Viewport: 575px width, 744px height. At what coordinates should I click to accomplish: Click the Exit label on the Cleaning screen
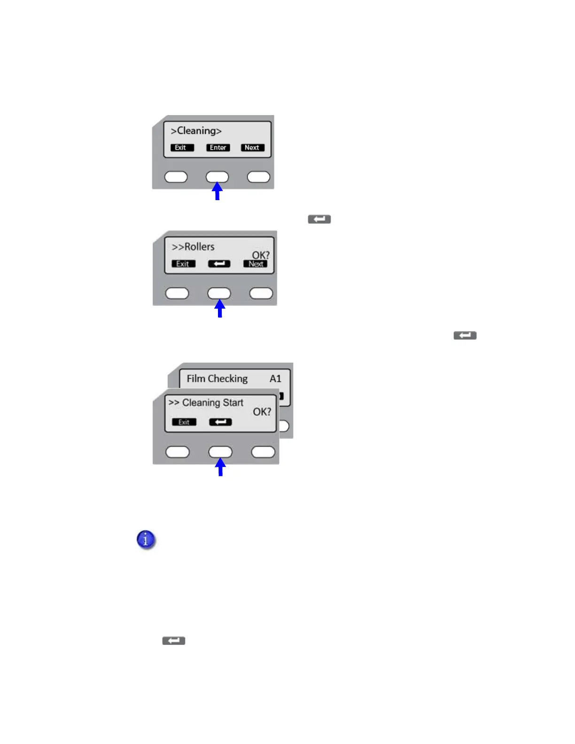[x=182, y=147]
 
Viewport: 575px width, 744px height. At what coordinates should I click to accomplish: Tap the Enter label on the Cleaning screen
[x=218, y=147]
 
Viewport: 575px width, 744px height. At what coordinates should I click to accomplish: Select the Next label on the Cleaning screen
[x=252, y=147]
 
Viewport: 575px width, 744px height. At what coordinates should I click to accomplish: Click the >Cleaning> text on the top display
[x=196, y=131]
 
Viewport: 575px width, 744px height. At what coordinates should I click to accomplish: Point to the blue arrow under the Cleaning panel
[x=217, y=191]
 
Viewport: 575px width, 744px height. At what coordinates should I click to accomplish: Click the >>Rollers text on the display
[x=193, y=247]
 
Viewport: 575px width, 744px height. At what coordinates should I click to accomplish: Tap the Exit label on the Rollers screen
[x=183, y=264]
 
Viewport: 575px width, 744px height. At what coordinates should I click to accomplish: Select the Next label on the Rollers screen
[x=256, y=264]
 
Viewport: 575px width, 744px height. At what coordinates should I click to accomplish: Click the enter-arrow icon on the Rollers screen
[x=219, y=264]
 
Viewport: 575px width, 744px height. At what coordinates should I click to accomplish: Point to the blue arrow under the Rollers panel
[x=219, y=309]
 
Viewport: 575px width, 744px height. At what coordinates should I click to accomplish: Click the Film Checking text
[x=217, y=379]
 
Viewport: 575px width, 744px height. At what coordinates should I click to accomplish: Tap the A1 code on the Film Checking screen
[x=275, y=379]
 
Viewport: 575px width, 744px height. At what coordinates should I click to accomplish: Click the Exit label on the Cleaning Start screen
[x=184, y=422]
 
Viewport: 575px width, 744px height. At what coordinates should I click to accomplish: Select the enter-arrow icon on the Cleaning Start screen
[x=220, y=422]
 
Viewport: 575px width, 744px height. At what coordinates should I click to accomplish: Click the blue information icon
[x=146, y=540]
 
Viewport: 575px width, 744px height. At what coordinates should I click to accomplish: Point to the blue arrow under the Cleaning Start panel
[x=220, y=467]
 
